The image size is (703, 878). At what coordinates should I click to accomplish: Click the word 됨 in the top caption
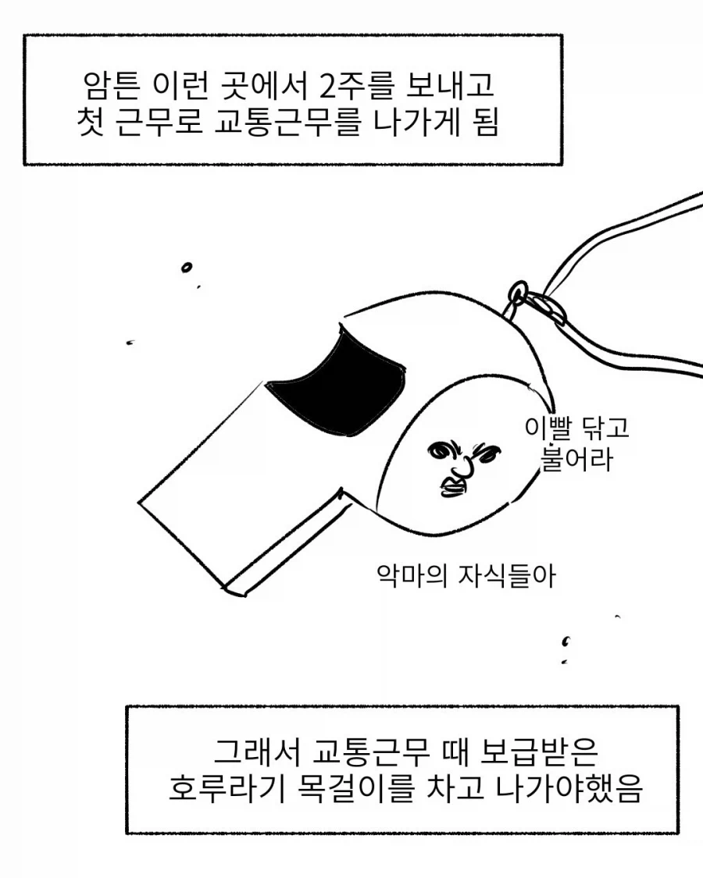481,123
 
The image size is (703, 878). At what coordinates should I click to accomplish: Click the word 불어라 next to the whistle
577,459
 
